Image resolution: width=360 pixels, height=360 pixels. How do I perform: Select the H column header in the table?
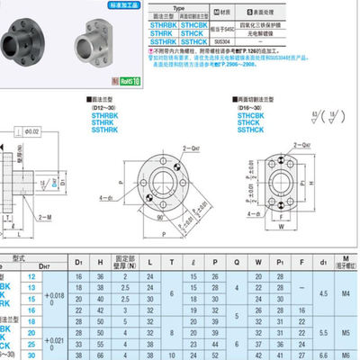coord(99,260)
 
